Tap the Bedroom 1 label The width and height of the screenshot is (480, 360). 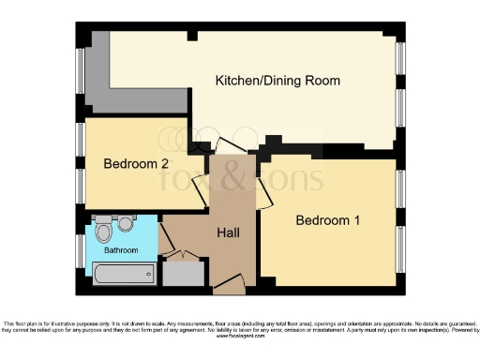click(327, 220)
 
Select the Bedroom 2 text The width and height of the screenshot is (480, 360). click(136, 163)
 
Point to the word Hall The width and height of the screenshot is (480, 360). click(231, 232)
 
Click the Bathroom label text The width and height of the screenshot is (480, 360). click(121, 250)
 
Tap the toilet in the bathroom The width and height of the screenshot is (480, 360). click(104, 228)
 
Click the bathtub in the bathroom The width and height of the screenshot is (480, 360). click(124, 274)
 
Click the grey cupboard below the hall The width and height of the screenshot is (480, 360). click(183, 274)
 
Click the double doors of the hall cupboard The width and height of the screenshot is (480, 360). click(183, 255)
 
